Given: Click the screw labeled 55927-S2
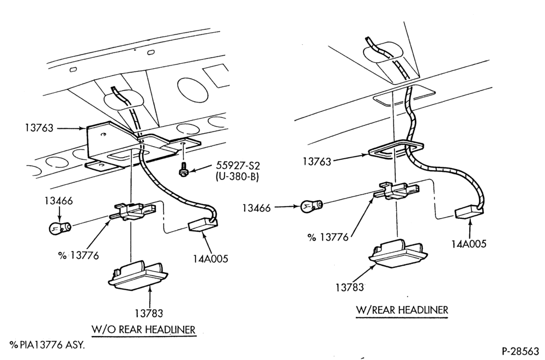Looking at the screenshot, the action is [182, 170].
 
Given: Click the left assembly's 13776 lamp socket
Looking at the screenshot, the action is [133, 213].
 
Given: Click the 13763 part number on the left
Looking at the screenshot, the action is [39, 128].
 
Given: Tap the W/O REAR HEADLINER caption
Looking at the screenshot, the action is [143, 329].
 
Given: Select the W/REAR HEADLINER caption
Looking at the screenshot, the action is [402, 310].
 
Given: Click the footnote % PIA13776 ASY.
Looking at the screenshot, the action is [47, 345].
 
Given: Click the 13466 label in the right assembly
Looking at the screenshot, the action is [256, 208].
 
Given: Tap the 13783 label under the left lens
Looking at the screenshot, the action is [149, 314].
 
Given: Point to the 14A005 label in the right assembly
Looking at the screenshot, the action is [469, 244].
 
